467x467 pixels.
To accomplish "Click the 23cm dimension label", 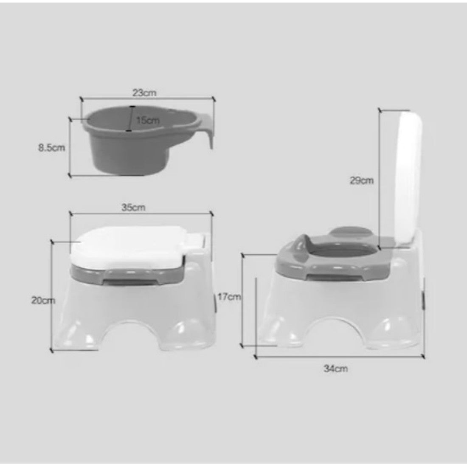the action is point(144,93).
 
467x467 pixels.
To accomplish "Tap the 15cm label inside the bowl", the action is point(148,120).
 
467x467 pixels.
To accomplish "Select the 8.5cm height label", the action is point(51,148).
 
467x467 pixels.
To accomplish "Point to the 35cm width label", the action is point(133,207).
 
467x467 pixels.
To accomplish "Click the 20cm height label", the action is point(43,301).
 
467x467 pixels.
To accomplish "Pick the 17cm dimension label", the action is point(229,297).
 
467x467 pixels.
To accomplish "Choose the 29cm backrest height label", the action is point(362,180).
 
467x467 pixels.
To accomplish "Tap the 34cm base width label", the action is point(336,369).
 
